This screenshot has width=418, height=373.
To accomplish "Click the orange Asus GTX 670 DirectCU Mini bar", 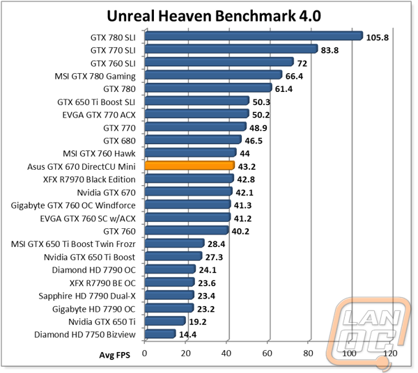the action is (189, 166).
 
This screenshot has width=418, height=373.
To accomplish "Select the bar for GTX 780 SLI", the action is (254, 36).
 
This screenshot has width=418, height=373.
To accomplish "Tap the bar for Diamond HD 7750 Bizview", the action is (160, 334).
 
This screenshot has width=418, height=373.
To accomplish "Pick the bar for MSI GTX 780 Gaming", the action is (214, 75).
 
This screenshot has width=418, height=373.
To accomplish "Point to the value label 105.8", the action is (377, 38).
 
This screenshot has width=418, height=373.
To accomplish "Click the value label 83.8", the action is (330, 50).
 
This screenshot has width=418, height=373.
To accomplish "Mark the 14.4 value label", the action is (187, 335).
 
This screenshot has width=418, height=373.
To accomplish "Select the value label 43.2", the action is (247, 166).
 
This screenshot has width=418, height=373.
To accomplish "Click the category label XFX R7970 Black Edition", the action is (89, 180).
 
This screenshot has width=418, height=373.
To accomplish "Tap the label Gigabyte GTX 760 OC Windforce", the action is (73, 205).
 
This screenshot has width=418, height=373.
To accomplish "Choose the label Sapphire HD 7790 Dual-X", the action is (87, 296).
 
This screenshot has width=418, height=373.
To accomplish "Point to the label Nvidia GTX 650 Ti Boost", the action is (90, 257).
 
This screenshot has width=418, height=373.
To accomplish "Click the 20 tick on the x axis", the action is (185, 354).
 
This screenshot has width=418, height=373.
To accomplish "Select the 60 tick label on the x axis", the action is (267, 354).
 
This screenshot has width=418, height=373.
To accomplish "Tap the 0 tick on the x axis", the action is (144, 354).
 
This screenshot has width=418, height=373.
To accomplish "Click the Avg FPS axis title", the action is (115, 355).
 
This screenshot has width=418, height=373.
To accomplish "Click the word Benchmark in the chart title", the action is (256, 16).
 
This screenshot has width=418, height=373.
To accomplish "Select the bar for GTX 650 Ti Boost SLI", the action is (197, 101).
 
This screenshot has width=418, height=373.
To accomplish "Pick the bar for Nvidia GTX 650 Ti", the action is (165, 321).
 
